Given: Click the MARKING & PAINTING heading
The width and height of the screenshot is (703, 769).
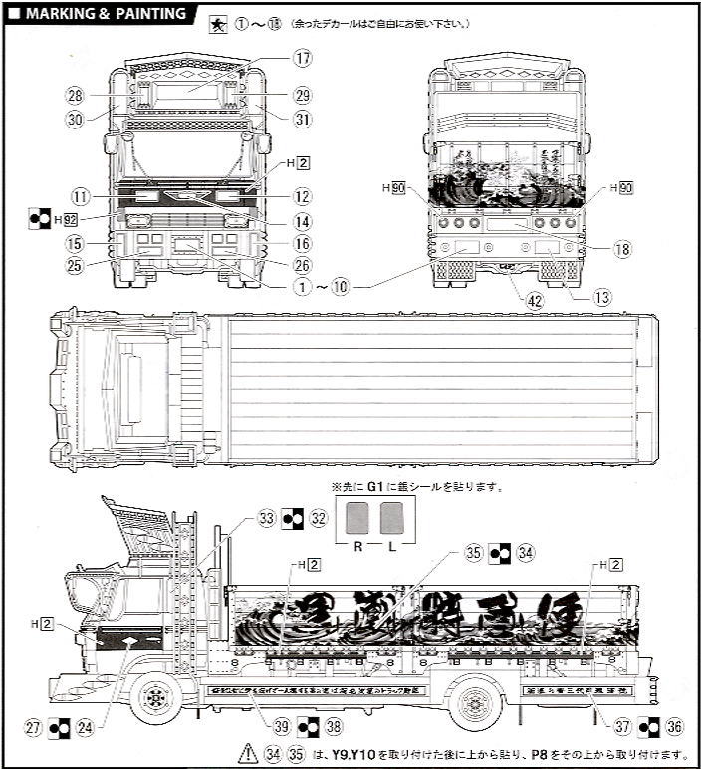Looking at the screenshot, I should pyautogui.click(x=105, y=14).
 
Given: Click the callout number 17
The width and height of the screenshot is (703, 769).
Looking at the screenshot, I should pyautogui.click(x=303, y=58).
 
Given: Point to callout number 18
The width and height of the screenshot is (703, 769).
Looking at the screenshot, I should pyautogui.click(x=622, y=249).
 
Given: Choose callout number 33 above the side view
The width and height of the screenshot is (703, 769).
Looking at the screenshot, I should pyautogui.click(x=266, y=518).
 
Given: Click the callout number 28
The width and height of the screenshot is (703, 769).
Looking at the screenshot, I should pyautogui.click(x=74, y=96).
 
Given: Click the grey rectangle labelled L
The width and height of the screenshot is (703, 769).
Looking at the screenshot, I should pyautogui.click(x=391, y=518).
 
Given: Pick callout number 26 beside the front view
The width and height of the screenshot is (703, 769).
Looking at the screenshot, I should pyautogui.click(x=303, y=264).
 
